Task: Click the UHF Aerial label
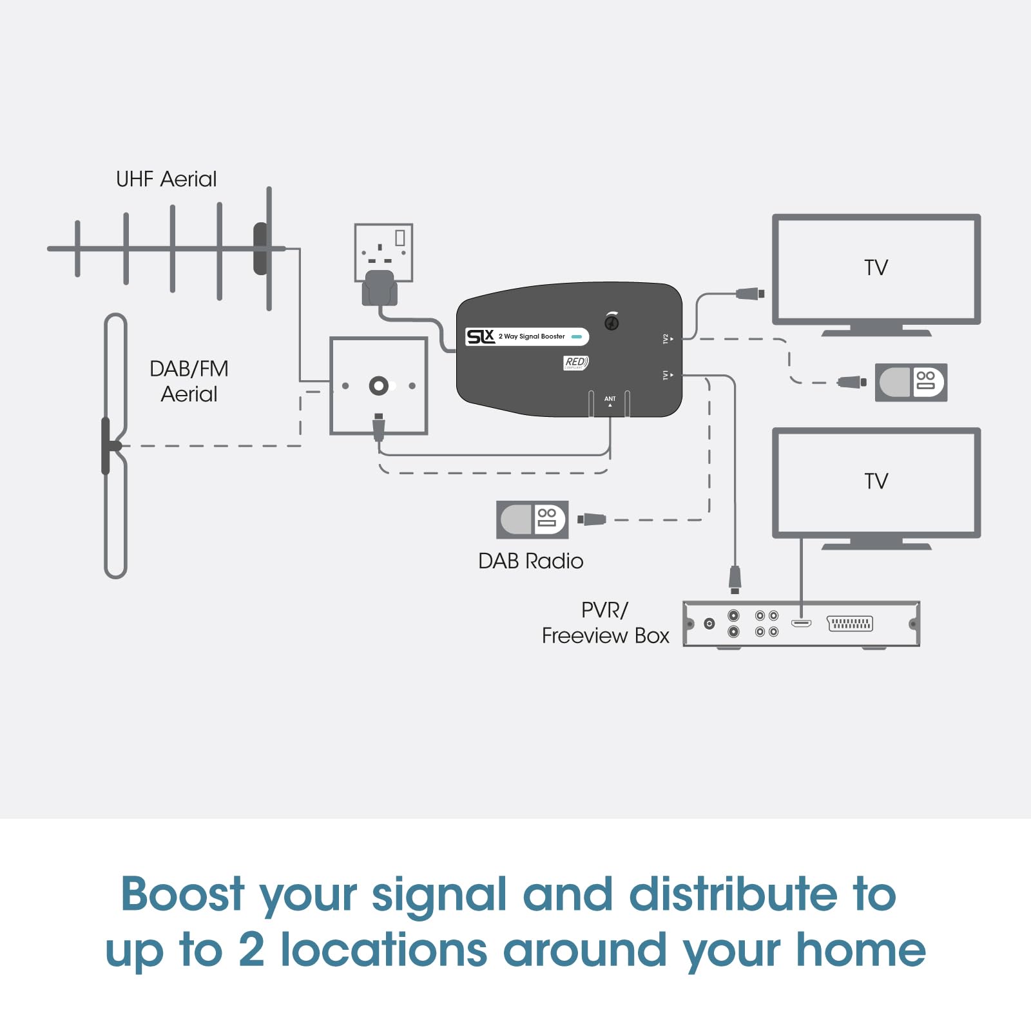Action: (x=166, y=179)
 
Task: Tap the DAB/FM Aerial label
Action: (x=189, y=381)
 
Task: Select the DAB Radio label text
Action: (x=530, y=561)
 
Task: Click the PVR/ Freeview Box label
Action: (x=605, y=623)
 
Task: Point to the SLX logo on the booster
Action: (x=480, y=336)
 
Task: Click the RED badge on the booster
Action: (x=575, y=363)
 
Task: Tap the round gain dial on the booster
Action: (x=612, y=322)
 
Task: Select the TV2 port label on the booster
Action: (x=666, y=339)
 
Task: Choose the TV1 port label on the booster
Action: (x=666, y=375)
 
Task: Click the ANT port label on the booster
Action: (x=610, y=399)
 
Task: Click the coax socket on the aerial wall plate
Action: (x=379, y=386)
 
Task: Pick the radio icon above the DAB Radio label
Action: (x=532, y=519)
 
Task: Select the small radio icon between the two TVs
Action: (x=911, y=383)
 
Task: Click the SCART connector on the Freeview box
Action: (x=850, y=624)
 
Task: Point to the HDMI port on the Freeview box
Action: (x=801, y=623)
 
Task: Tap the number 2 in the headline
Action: (x=251, y=950)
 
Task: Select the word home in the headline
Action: (x=861, y=950)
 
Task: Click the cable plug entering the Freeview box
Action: (x=735, y=579)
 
